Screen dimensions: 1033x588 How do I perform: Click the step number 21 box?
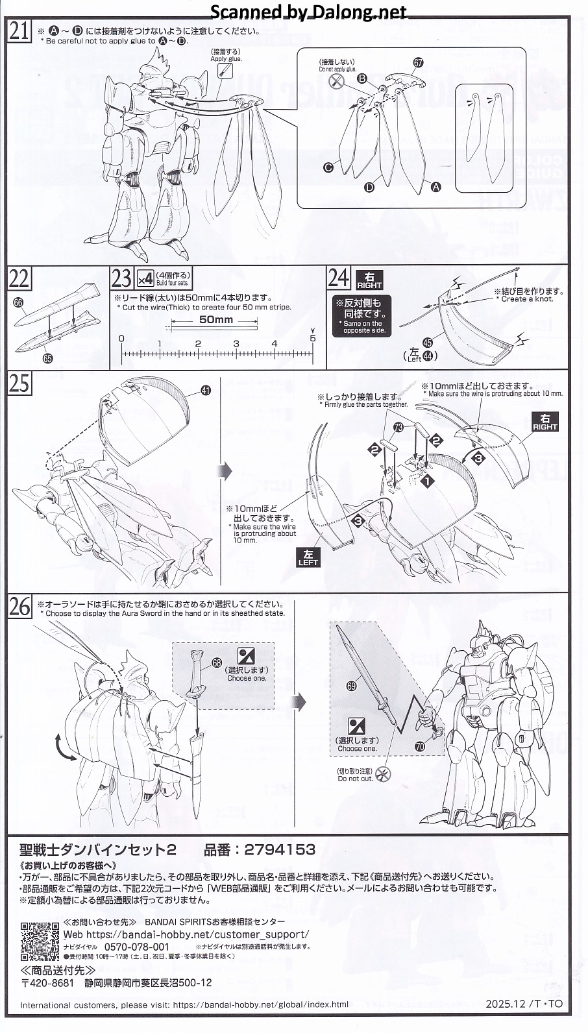19,31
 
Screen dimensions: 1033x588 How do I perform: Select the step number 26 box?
19,607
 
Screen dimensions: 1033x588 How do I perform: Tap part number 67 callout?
418,63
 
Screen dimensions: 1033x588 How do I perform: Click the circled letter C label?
328,167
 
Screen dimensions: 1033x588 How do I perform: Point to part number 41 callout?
206,390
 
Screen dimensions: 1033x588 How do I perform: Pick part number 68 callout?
216,662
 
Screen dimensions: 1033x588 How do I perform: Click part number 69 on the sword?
352,684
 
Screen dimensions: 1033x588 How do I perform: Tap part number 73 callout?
398,427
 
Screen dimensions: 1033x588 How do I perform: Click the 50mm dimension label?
215,320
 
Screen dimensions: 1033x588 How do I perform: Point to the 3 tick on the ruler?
236,344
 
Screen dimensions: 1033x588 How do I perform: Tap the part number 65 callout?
47,357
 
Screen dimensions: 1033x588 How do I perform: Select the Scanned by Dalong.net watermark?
308,12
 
